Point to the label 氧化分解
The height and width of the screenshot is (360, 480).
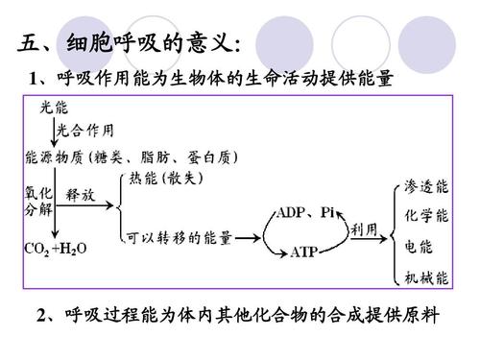tap(32, 202)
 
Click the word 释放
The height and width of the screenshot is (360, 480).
tap(81, 195)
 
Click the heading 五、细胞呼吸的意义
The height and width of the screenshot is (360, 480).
tap(130, 44)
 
